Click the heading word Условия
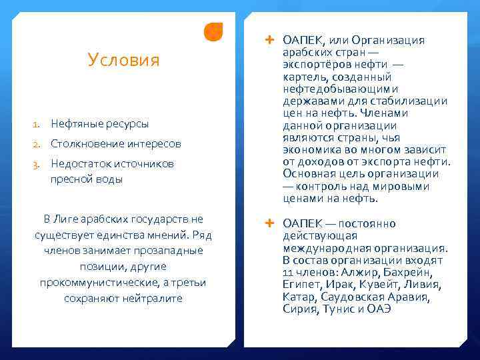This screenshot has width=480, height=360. coord(123,61)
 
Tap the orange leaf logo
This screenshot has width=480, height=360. coord(213,31)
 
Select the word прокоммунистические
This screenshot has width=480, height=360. coord(91,283)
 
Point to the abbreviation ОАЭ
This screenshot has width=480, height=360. coord(377,309)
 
